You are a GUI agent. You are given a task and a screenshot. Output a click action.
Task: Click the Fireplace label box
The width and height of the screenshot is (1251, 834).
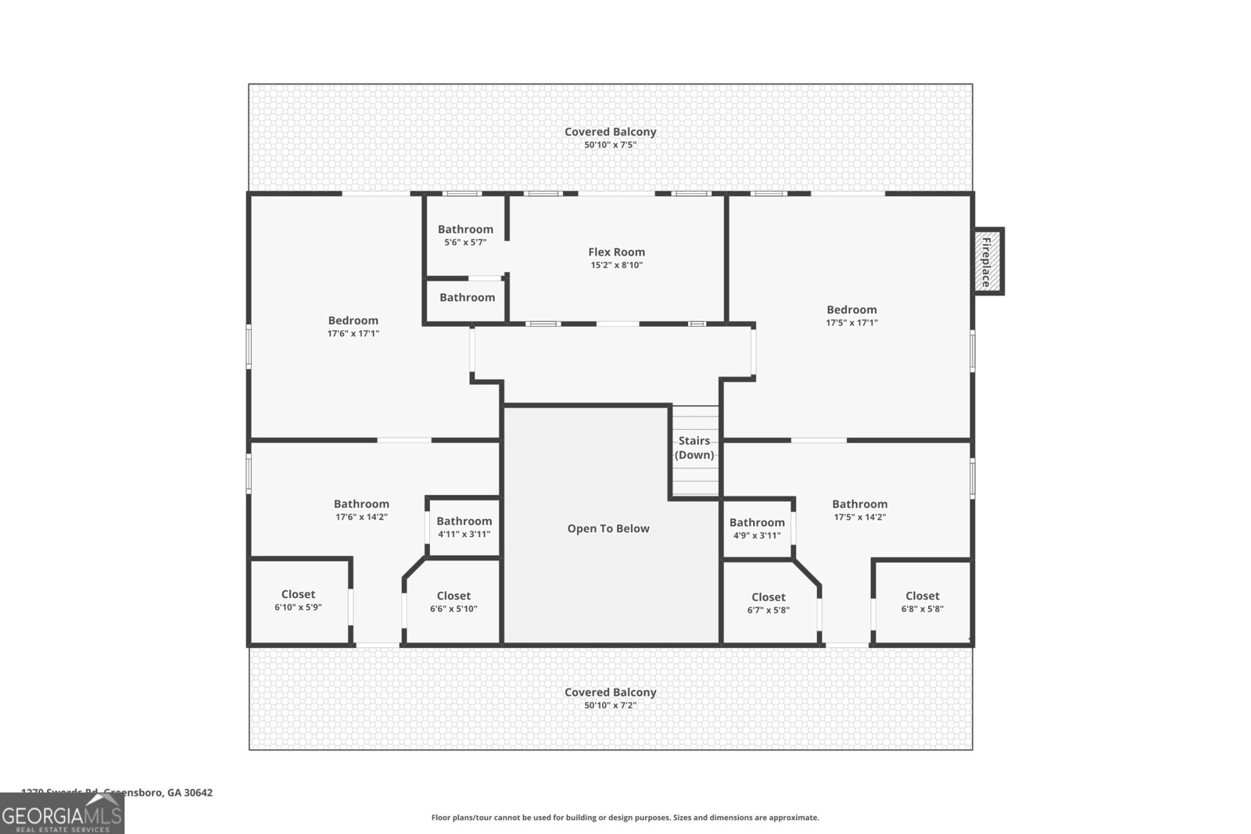click(987, 261)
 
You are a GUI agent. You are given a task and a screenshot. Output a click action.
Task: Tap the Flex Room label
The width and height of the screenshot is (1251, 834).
click(616, 252)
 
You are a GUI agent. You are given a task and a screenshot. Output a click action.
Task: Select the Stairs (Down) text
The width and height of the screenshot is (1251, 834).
click(694, 448)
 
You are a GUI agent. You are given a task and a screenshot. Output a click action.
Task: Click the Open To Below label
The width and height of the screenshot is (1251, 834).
click(608, 528)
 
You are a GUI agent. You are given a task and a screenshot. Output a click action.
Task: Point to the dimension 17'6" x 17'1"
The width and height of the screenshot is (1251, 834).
click(353, 334)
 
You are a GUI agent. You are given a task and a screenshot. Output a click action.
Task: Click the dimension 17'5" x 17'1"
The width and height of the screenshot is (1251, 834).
click(851, 323)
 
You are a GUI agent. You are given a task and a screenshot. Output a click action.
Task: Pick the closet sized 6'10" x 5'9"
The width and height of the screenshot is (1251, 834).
click(298, 600)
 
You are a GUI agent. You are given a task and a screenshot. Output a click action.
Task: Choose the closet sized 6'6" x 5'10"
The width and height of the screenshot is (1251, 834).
click(453, 602)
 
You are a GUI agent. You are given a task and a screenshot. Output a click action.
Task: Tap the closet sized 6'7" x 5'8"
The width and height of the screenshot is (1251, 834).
click(768, 603)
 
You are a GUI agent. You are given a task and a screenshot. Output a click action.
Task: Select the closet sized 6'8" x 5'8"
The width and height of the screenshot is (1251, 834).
click(922, 602)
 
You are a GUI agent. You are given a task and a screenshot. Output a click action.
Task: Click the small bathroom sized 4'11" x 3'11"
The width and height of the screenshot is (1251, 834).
click(464, 528)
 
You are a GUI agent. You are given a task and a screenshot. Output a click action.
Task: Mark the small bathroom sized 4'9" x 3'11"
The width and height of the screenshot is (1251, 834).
click(757, 529)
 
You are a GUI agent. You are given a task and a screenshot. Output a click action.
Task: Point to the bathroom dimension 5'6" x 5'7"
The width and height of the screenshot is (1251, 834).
click(465, 242)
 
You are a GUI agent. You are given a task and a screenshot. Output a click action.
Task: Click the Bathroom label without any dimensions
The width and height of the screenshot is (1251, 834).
click(467, 297)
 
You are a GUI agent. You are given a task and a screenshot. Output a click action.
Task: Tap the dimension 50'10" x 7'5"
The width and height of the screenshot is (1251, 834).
click(610, 145)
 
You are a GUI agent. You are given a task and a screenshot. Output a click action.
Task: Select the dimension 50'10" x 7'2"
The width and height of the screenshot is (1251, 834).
click(610, 705)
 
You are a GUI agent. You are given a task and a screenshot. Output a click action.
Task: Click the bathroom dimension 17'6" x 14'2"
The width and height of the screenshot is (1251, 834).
click(361, 517)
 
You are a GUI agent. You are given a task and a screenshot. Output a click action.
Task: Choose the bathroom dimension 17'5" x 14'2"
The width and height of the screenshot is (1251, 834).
click(859, 517)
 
